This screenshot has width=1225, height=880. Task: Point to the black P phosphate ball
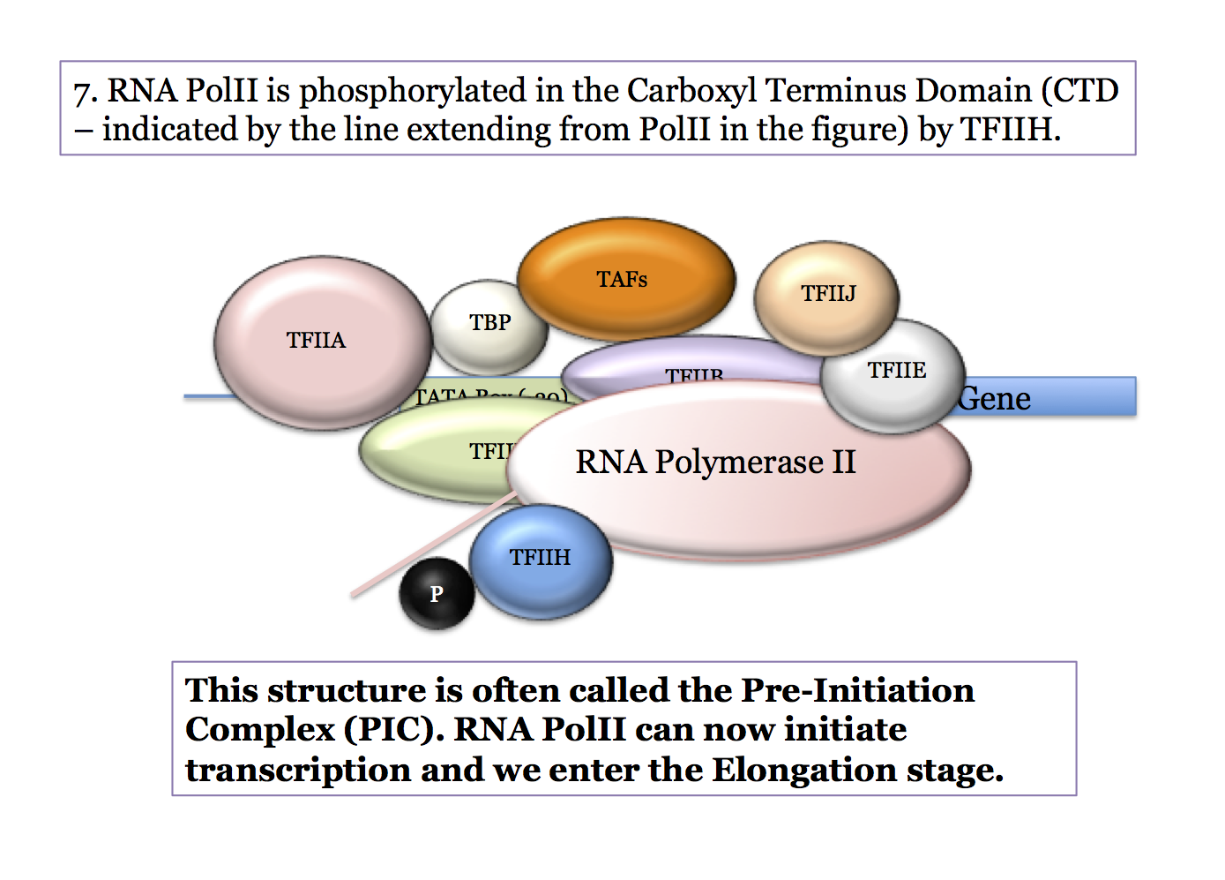437,594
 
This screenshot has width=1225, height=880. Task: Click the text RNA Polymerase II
715,463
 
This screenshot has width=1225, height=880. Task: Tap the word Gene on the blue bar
995,399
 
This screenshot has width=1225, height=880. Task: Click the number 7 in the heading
83,92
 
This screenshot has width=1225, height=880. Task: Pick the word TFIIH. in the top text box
1010,130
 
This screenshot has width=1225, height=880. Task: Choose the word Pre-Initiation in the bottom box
857,690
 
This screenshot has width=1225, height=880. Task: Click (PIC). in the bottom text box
393,730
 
